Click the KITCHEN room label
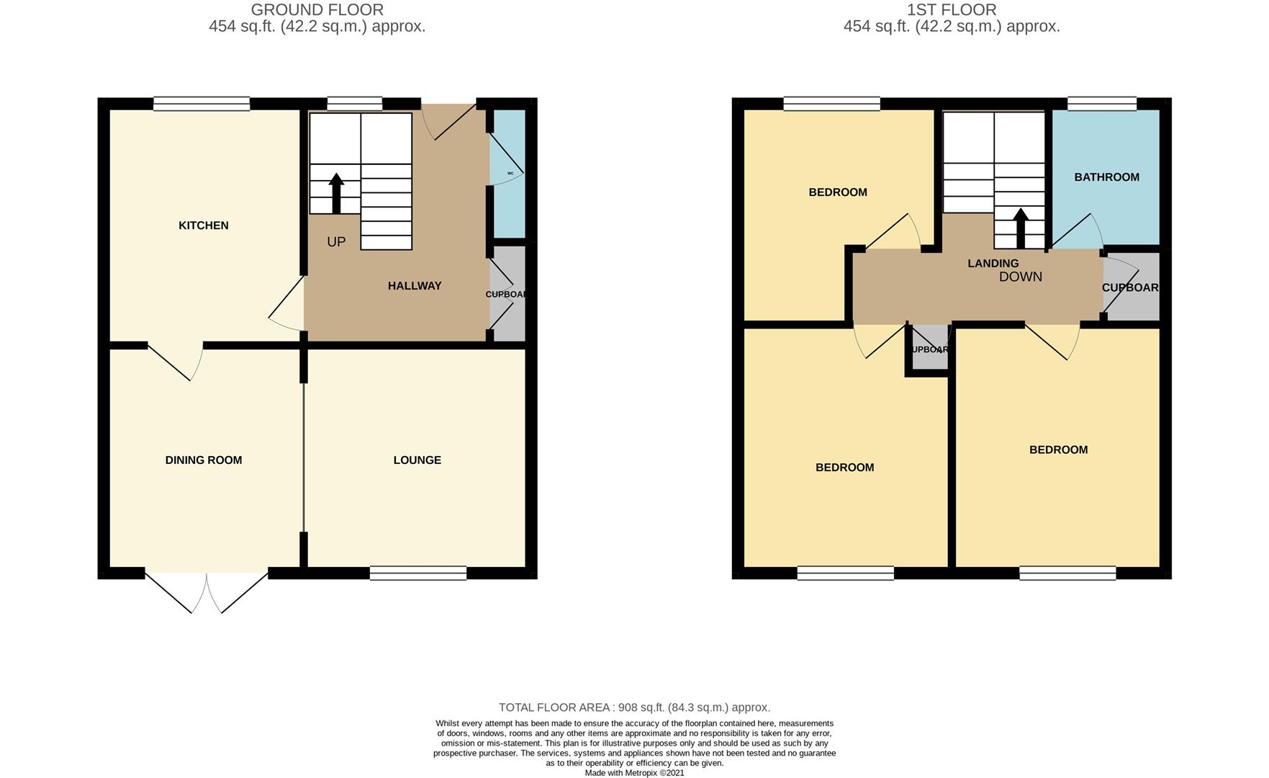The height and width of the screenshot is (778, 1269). click(x=204, y=225)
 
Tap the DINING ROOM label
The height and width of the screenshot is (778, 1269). click(x=204, y=460)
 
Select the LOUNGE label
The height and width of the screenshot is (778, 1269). click(x=417, y=460)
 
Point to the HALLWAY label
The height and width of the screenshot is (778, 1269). click(x=415, y=286)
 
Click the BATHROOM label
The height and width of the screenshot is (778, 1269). click(x=1106, y=177)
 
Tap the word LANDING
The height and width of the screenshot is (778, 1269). click(x=993, y=264)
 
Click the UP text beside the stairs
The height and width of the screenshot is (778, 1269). click(x=336, y=242)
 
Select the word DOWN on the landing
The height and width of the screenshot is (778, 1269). click(x=1021, y=277)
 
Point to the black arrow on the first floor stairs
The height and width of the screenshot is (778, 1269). click(x=1020, y=228)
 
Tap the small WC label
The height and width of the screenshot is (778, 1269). click(x=510, y=174)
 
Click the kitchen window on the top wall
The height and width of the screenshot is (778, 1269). click(x=202, y=104)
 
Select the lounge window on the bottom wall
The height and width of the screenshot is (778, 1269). click(x=418, y=573)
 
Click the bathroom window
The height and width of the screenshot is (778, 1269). click(x=1102, y=104)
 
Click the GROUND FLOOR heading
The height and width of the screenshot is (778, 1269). click(x=317, y=10)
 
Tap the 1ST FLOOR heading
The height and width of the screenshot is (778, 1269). click(x=952, y=10)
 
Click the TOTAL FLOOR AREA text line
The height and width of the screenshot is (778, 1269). click(x=634, y=708)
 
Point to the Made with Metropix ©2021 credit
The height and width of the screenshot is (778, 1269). click(x=634, y=773)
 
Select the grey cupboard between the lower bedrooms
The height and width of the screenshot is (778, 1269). click(x=930, y=349)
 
